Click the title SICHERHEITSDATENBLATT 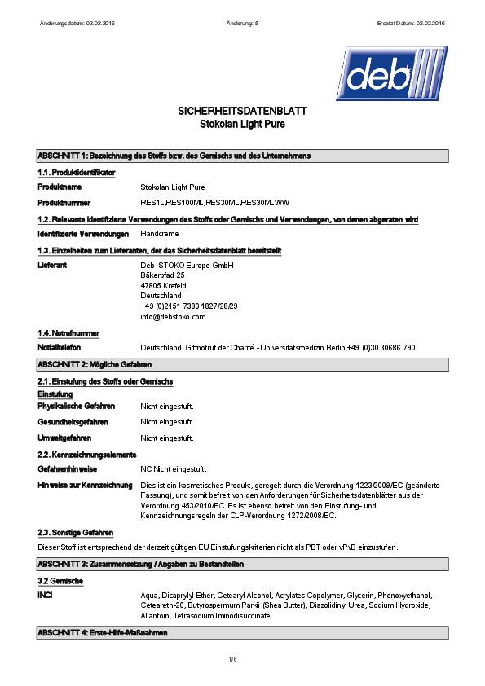[x=242, y=111]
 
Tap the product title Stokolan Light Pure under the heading [x=242, y=125]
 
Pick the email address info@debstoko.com [x=173, y=317]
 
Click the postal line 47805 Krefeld [x=163, y=286]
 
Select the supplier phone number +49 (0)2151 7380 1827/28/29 [x=189, y=306]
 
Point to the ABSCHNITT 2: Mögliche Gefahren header [x=95, y=364]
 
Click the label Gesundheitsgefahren [x=73, y=422]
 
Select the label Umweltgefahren [x=64, y=438]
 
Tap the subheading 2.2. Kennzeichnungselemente [x=86, y=455]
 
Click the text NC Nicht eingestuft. [x=173, y=469]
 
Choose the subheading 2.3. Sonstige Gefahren [x=75, y=531]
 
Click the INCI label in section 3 [x=46, y=596]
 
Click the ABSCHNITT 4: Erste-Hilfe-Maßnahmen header [x=103, y=633]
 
